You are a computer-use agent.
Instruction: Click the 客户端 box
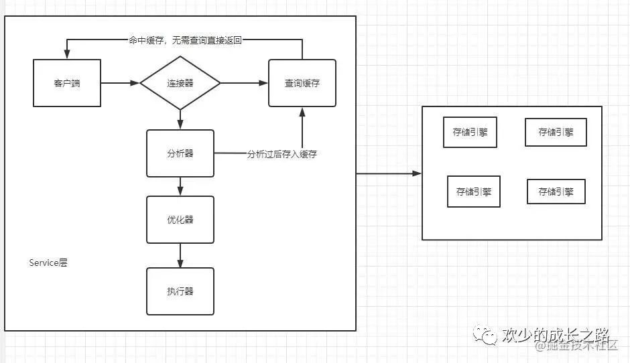click(x=67, y=83)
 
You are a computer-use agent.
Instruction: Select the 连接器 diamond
click(x=180, y=83)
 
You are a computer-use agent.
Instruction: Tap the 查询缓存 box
click(x=302, y=83)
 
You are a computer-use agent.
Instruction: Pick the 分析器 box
click(x=180, y=153)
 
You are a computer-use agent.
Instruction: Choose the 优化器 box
click(x=180, y=220)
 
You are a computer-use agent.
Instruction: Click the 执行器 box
click(x=180, y=291)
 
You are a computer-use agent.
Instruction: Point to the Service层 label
click(x=48, y=263)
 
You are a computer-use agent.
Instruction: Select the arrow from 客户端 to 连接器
click(x=120, y=83)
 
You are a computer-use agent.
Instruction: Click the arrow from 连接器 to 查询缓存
click(x=244, y=83)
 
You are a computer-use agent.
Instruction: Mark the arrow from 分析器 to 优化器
click(x=180, y=186)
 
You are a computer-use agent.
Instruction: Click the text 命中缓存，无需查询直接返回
click(x=185, y=40)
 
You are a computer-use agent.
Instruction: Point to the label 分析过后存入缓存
click(x=281, y=154)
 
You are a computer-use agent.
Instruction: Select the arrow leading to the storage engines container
click(x=389, y=173)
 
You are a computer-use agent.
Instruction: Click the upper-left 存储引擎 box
click(x=470, y=133)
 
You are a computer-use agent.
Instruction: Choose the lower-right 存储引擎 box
click(x=556, y=192)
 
